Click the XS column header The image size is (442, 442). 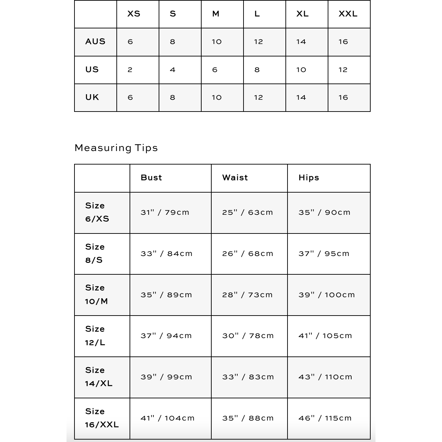tap(134, 14)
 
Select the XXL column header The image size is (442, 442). tap(348, 14)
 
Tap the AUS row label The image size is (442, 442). tap(95, 42)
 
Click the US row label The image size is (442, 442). tap(92, 70)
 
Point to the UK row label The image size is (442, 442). tap(92, 97)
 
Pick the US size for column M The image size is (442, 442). tap(215, 70)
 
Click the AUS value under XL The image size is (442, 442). tap(301, 42)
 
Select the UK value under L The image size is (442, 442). tap(258, 98)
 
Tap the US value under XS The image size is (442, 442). tap(130, 70)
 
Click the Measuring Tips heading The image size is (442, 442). tap(116, 148)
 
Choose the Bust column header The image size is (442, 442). tap(151, 178)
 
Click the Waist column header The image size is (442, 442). tap(235, 178)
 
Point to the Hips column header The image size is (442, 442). tap(309, 178)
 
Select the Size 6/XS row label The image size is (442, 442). tap(97, 212)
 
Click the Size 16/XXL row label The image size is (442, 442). tap(102, 418)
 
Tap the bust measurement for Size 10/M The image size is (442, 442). tap(166, 295)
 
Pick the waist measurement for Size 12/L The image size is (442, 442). tap(248, 336)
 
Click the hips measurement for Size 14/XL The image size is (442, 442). tap(325, 377)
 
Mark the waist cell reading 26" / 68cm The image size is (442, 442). tap(248, 254)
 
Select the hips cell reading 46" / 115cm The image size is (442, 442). tap(325, 418)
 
